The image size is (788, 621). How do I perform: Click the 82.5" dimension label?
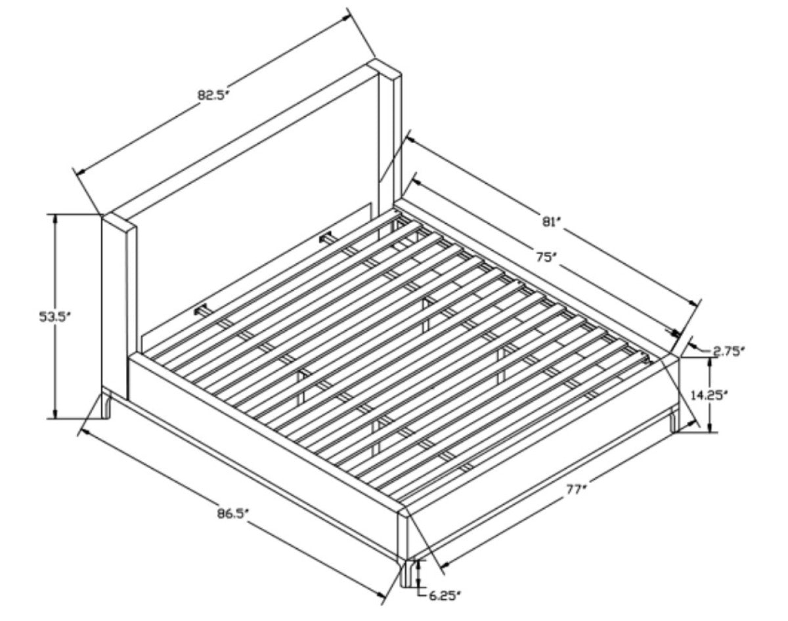tap(213, 95)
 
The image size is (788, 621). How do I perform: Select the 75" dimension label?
tap(544, 257)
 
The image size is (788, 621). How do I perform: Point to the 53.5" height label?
tap(55, 316)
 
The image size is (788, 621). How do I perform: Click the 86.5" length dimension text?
tap(233, 515)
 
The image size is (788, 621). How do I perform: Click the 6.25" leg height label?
tap(444, 596)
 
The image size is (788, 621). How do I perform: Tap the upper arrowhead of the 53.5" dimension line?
tap(55, 219)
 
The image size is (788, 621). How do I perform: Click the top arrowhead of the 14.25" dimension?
tap(711, 363)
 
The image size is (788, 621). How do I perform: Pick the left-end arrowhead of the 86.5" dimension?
tap(86, 432)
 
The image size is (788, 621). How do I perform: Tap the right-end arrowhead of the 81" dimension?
tap(693, 303)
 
